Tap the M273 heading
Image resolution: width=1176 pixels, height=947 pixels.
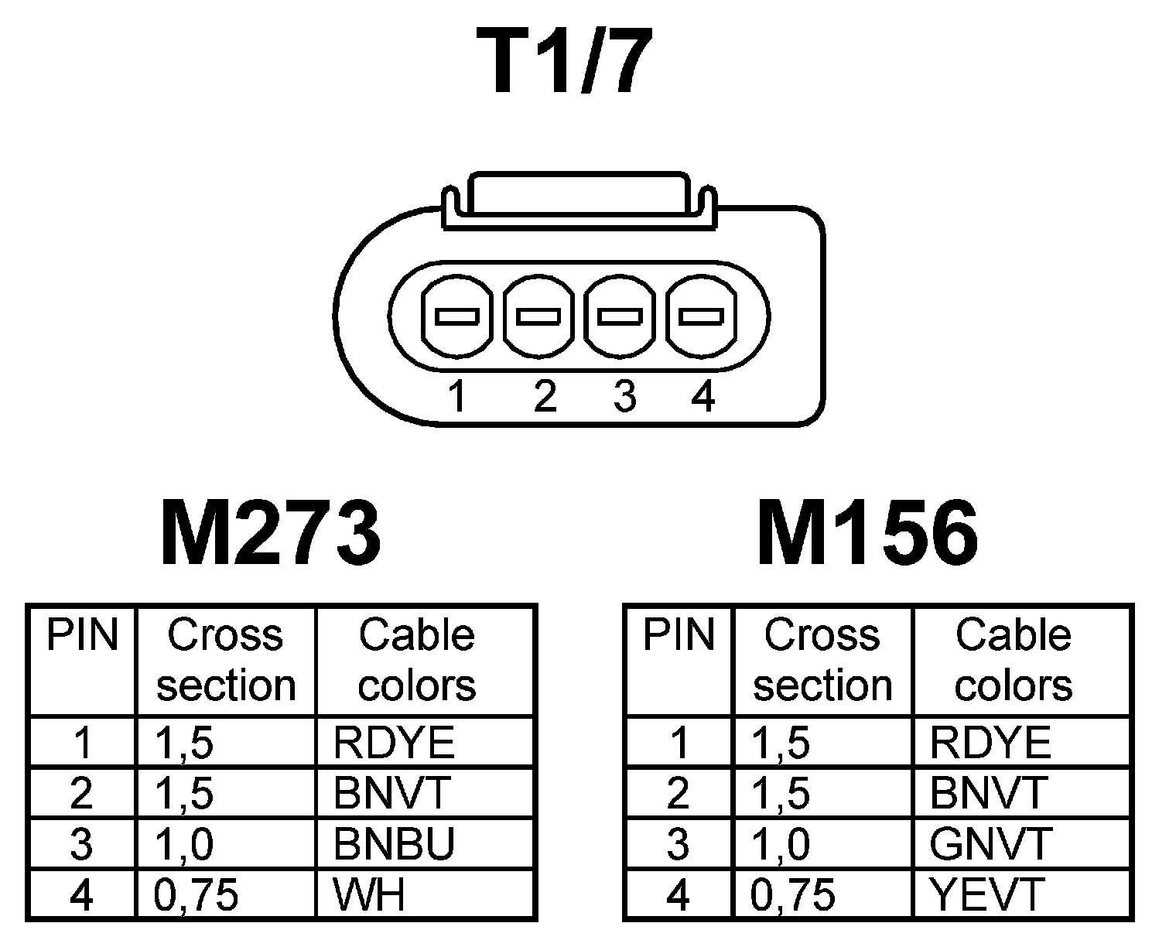(x=270, y=533)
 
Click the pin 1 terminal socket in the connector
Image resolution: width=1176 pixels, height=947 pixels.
(x=457, y=316)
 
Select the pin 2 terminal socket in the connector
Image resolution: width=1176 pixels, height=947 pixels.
(x=538, y=316)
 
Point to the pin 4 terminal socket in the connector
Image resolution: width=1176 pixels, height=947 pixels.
(x=701, y=316)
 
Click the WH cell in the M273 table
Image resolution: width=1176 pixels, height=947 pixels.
(x=369, y=894)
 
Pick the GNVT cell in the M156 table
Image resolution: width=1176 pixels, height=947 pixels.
(x=990, y=843)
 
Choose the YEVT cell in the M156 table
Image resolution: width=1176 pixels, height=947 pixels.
(x=987, y=894)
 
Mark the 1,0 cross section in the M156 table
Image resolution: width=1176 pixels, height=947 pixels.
(x=781, y=843)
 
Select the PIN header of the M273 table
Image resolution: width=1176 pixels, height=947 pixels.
(x=82, y=637)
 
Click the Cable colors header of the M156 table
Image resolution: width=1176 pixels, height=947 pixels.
(x=1014, y=660)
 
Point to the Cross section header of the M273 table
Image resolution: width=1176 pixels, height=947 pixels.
(x=226, y=660)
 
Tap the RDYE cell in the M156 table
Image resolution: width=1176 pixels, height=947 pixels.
(x=990, y=743)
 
